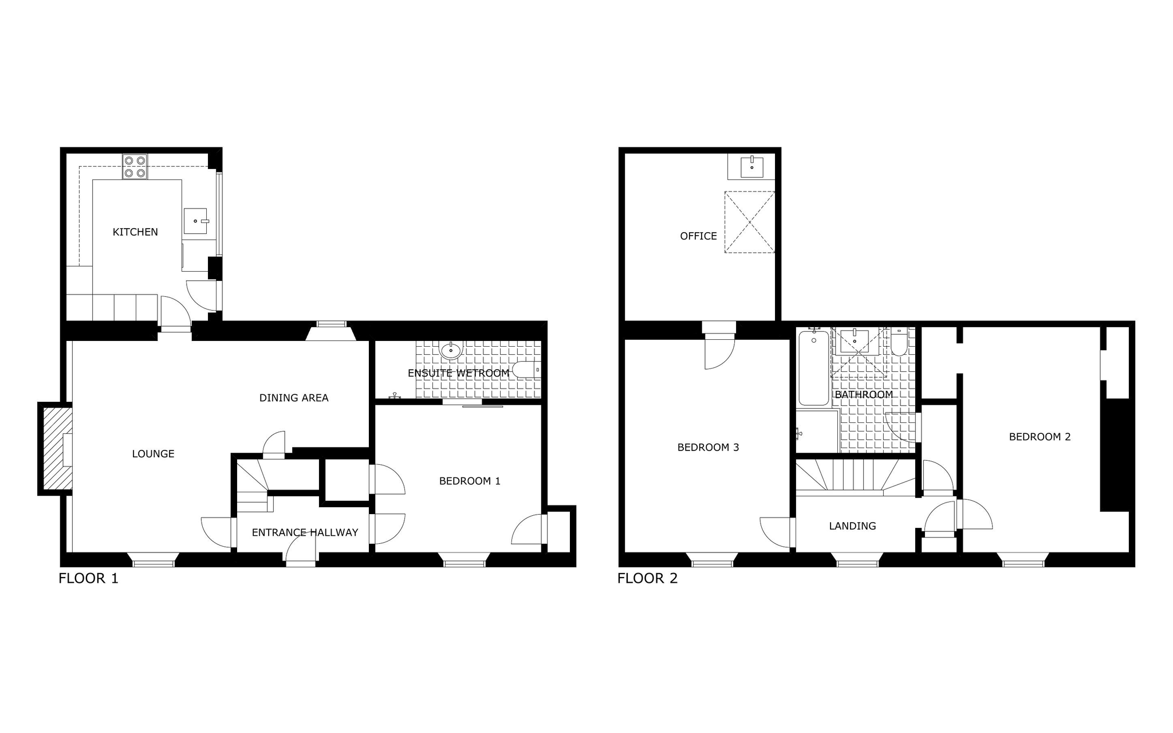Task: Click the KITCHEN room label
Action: coord(135,232)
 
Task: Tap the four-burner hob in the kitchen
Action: coord(135,167)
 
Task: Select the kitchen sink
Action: coord(195,221)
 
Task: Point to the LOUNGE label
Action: coord(153,454)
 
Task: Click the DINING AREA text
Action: coord(294,398)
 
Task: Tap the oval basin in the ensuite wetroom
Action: coord(451,350)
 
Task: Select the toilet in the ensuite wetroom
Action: coord(526,370)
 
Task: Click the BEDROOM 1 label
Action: coord(470,481)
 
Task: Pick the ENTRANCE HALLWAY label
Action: coord(305,532)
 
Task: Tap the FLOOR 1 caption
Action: coord(88,578)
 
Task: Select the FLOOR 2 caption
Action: coord(647,578)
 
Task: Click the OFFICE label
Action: coord(698,236)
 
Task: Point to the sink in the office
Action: coord(751,167)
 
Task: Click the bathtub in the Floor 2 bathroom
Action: coord(814,367)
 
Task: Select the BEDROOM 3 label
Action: coord(708,448)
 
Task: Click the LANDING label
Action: coord(852,526)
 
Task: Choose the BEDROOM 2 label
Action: coord(1040,437)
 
